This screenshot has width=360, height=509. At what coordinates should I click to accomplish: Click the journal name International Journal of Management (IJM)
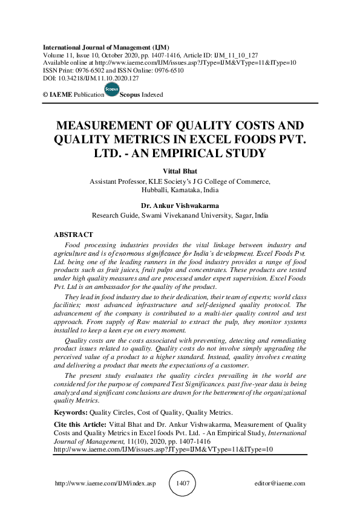tap(105, 47)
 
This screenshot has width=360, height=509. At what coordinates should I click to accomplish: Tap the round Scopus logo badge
tap(112, 91)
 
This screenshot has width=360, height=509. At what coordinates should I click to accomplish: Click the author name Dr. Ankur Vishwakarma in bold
tap(180, 206)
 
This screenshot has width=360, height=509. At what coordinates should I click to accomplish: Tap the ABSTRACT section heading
tap(73, 235)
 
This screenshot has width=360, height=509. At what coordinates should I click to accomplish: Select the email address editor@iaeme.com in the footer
tap(280, 484)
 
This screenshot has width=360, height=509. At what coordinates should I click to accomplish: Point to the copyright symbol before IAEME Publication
tap(45, 95)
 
